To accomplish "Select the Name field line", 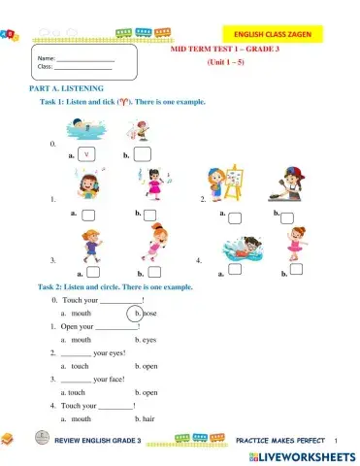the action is coord(84,60).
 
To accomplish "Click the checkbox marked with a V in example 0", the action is coord(86,153).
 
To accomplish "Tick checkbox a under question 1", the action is coord(88,215).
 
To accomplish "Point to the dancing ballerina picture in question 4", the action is coord(294,247).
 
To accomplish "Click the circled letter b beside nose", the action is coord(138,314).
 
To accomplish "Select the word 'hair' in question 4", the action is coord(150,418).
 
